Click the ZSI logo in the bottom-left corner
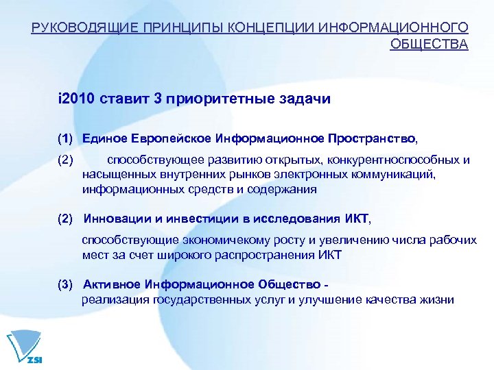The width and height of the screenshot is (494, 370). click(21, 348)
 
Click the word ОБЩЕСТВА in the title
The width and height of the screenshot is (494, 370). click(429, 45)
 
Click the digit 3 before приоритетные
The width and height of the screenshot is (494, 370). click(158, 99)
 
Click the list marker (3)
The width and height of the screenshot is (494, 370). click(66, 284)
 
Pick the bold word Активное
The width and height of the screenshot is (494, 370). click(110, 284)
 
